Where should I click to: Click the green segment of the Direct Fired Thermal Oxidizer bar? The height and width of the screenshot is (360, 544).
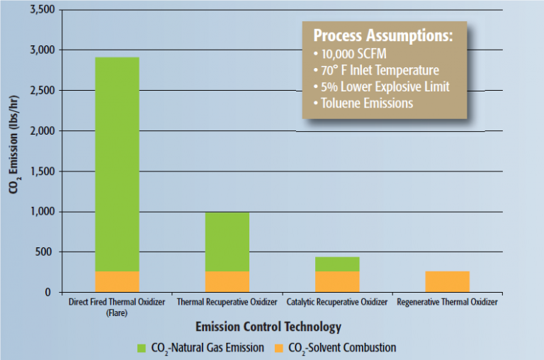tap(117, 164)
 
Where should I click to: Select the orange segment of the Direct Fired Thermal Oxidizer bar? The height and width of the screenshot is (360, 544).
tap(117, 281)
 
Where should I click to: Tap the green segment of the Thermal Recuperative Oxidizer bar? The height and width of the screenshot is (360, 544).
tap(227, 242)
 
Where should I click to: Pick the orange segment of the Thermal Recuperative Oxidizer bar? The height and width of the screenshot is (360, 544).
tap(227, 281)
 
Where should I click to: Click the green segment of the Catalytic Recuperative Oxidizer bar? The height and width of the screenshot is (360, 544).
tap(337, 264)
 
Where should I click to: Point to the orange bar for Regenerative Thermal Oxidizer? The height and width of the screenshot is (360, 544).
tap(447, 281)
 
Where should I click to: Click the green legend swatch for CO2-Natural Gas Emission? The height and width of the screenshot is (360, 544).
tap(142, 347)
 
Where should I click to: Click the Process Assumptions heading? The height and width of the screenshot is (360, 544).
tap(382, 35)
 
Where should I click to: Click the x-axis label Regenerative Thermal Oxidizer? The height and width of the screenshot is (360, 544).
tap(447, 302)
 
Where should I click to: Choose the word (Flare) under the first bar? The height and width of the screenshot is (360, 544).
tap(117, 312)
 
